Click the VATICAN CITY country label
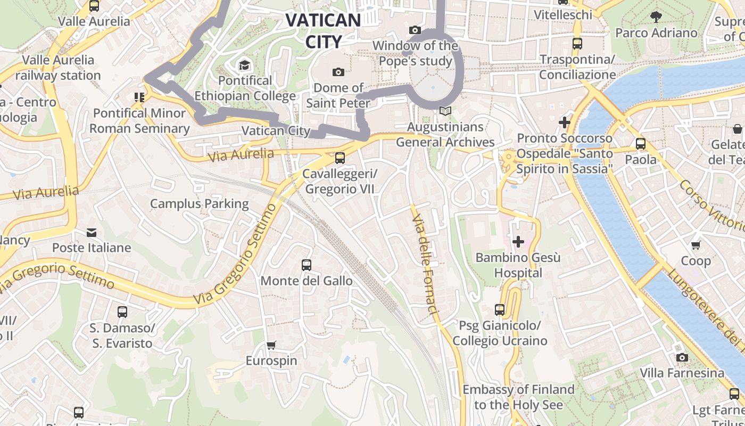click(x=323, y=30)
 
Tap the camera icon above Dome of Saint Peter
click(x=338, y=72)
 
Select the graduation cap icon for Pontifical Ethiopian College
click(x=244, y=65)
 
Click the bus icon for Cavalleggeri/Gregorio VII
click(x=340, y=158)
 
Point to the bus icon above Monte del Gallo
click(x=307, y=265)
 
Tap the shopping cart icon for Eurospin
click(x=271, y=345)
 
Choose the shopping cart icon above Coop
click(x=696, y=245)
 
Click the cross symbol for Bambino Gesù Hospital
click(x=518, y=242)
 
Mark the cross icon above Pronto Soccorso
click(x=564, y=123)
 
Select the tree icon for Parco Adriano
click(x=656, y=17)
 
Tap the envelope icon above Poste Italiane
click(x=92, y=232)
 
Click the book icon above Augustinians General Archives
click(x=445, y=111)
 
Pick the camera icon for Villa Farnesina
click(x=682, y=357)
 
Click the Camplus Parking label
click(x=200, y=203)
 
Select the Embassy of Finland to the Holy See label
click(x=518, y=397)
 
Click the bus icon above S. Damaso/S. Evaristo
click(x=122, y=312)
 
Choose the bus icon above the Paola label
click(x=641, y=144)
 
